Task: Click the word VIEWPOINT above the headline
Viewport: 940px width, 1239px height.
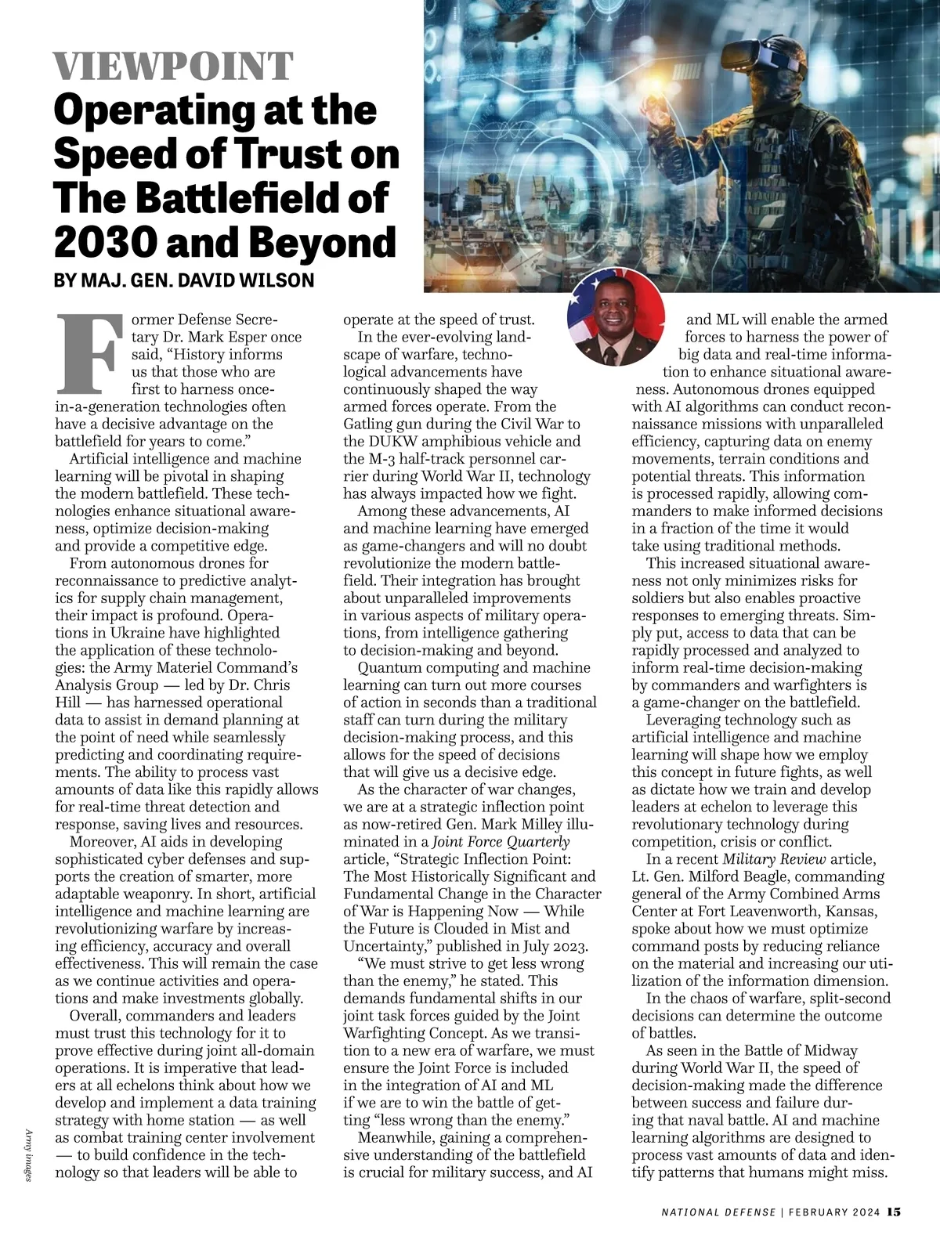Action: click(173, 68)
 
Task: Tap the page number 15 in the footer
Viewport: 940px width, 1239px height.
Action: click(895, 1212)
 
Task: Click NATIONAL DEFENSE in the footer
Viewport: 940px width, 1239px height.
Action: click(718, 1212)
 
